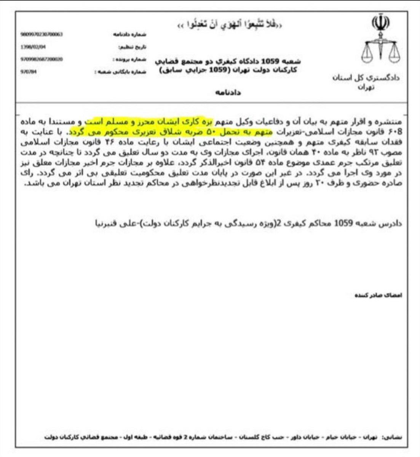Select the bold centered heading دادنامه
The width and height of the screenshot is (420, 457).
point(229,92)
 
